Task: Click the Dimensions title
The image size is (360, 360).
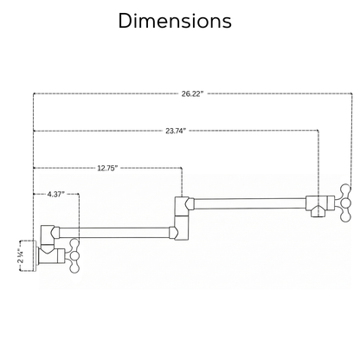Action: (x=175, y=21)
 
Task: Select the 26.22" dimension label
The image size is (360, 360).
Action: (x=192, y=93)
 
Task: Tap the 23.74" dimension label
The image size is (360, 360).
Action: (x=176, y=131)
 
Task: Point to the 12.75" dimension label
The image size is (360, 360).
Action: (x=107, y=168)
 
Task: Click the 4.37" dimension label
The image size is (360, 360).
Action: (x=55, y=194)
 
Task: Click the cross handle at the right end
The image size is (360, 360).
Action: (x=345, y=202)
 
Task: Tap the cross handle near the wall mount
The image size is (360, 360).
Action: (x=74, y=255)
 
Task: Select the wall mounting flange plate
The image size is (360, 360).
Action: (x=35, y=255)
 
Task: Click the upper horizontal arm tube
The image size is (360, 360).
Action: (x=250, y=203)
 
